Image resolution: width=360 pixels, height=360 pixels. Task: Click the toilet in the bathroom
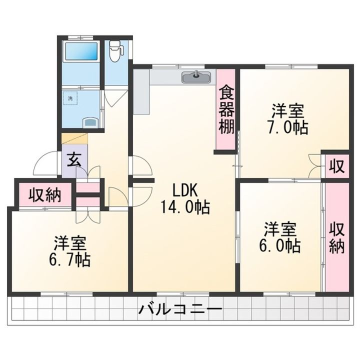pyautogui.click(x=115, y=51)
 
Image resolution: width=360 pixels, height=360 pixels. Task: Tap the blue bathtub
pyautogui.click(x=81, y=51)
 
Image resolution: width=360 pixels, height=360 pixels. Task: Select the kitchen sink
pyautogui.click(x=196, y=76)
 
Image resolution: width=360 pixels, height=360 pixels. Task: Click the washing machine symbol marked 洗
pyautogui.click(x=70, y=98)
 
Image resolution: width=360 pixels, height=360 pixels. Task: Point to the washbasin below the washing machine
pyautogui.click(x=90, y=122)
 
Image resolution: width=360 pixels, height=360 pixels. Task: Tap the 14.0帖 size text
pyautogui.click(x=185, y=207)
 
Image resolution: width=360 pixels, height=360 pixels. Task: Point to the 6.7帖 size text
pyautogui.click(x=69, y=259)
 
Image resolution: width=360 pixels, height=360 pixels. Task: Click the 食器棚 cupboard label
pyautogui.click(x=226, y=109)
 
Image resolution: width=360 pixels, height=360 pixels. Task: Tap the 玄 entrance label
pyautogui.click(x=74, y=160)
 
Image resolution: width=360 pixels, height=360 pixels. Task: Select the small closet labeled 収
pyautogui.click(x=337, y=166)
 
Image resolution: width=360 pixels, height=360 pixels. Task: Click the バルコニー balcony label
pyautogui.click(x=180, y=309)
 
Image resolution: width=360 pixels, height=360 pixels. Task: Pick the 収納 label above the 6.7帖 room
pyautogui.click(x=45, y=195)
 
